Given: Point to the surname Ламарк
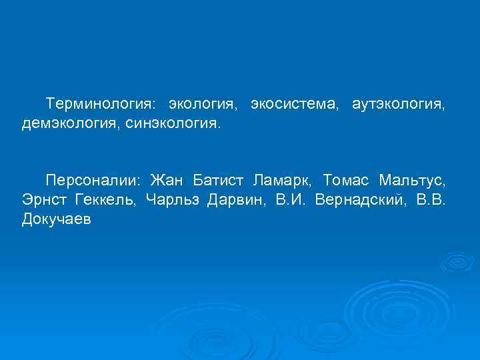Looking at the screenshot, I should tap(283, 181).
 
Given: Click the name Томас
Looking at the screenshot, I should tap(346, 181).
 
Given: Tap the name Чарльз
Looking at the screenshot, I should tap(171, 200).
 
